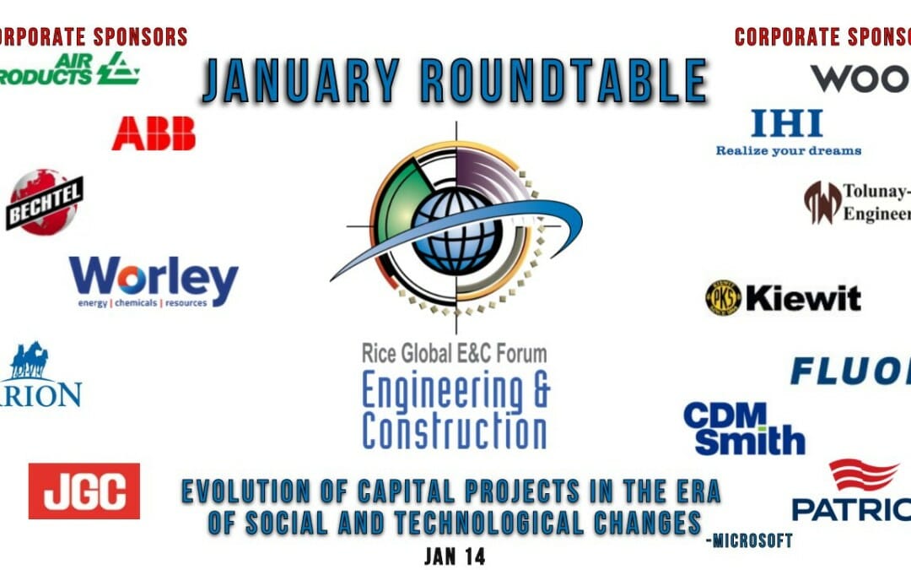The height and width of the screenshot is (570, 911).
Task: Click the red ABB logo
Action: click(x=154, y=133)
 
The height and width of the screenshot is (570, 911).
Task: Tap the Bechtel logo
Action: click(x=44, y=202)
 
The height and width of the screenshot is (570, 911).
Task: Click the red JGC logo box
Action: click(x=84, y=491)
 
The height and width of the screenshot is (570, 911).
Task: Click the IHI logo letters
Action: click(x=786, y=124)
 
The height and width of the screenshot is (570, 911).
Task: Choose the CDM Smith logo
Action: click(x=743, y=428)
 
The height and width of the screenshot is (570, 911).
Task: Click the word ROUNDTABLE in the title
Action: click(x=563, y=83)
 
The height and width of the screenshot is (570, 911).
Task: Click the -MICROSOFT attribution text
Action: click(x=751, y=540)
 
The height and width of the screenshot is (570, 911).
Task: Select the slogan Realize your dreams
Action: click(x=788, y=151)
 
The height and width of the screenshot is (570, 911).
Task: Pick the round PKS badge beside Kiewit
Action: click(x=723, y=298)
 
